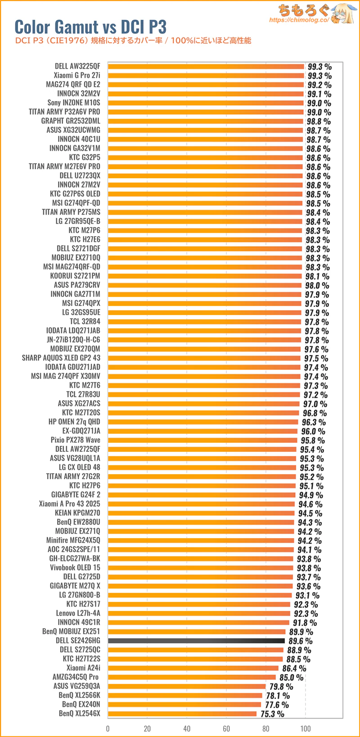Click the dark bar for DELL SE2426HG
(196, 641)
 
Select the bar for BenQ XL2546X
(182, 714)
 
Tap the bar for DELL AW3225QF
(206, 66)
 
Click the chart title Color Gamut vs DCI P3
(90, 27)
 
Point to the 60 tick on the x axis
(226, 728)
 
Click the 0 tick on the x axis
(108, 728)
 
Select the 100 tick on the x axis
(306, 728)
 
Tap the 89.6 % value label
(300, 641)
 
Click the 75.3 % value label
(272, 714)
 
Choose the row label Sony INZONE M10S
(74, 103)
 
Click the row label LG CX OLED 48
(79, 467)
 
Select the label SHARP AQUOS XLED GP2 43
(61, 358)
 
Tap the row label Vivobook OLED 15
(75, 567)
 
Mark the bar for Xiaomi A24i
(193, 668)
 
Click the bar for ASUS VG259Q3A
(187, 686)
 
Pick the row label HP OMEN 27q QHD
(74, 422)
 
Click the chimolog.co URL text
(299, 20)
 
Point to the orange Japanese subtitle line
(133, 40)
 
